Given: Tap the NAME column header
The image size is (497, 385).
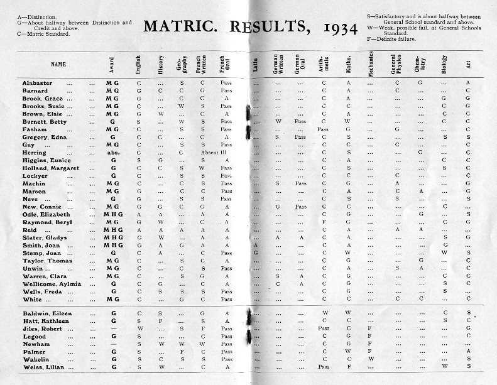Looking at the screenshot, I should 58,64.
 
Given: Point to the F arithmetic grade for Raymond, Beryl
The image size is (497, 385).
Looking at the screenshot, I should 324,222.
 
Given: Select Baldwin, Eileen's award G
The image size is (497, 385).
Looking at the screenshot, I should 112,312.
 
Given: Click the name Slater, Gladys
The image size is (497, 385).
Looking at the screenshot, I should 44,237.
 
